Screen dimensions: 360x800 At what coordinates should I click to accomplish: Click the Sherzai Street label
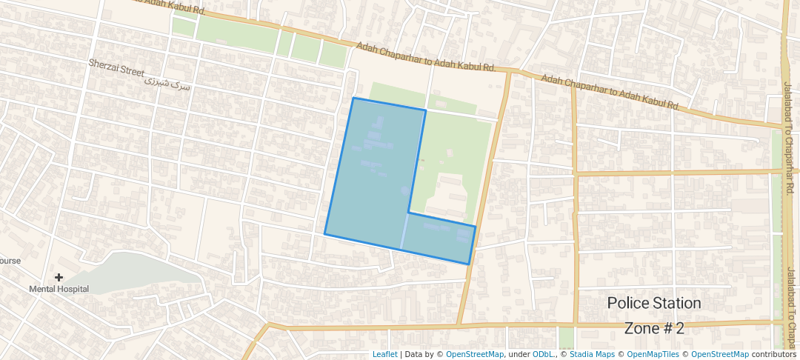(116, 67)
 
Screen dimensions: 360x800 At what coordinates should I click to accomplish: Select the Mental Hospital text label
(59, 289)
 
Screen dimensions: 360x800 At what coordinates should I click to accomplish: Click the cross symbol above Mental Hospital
(59, 277)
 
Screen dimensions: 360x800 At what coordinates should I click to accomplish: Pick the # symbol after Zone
(669, 328)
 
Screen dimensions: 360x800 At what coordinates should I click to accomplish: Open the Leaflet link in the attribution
(384, 354)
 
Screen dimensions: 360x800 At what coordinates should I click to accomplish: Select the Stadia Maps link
(592, 354)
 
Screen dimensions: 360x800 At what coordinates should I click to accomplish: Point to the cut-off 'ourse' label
(10, 261)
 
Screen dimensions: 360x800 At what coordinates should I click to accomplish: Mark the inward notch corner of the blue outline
(408, 213)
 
